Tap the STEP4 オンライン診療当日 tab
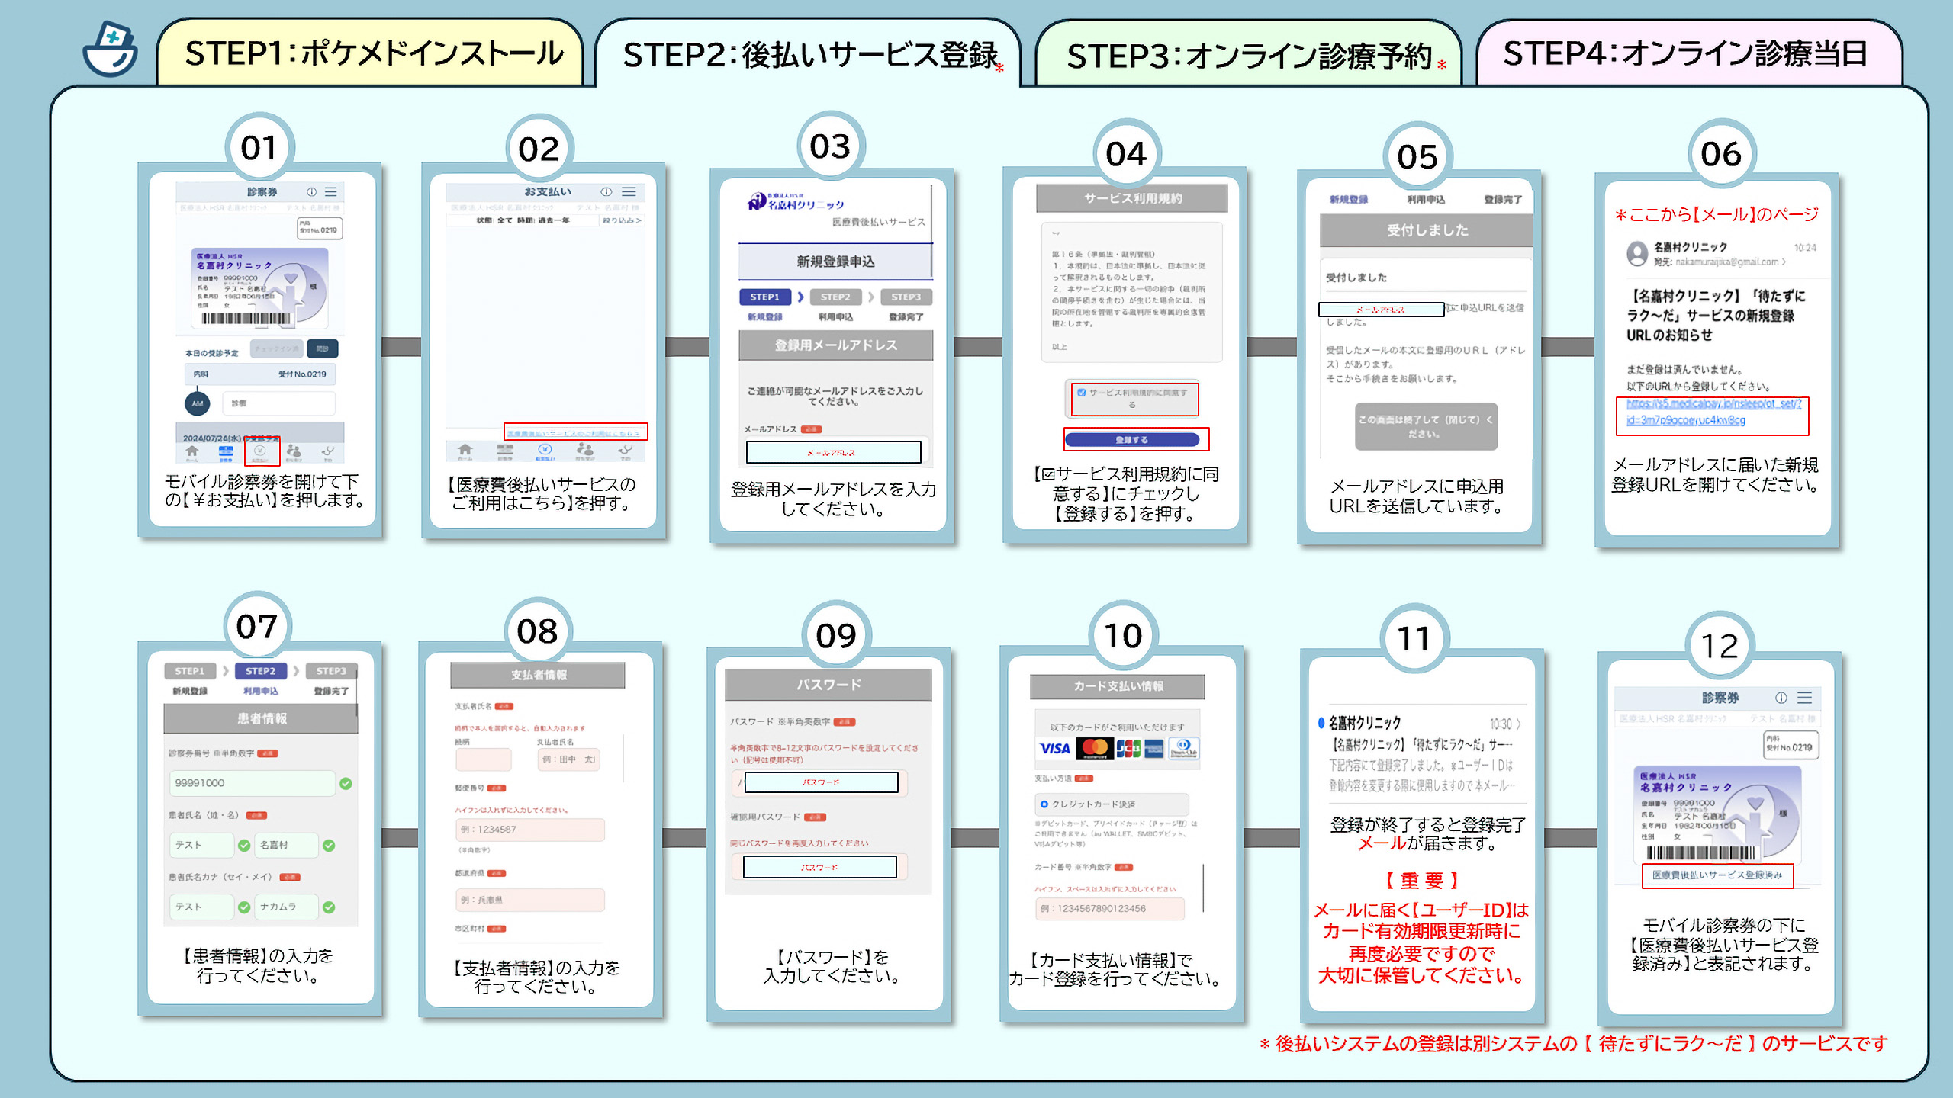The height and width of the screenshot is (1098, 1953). (1686, 54)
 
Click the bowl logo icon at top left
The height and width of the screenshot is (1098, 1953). (111, 50)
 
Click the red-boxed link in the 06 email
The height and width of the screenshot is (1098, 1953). (1712, 413)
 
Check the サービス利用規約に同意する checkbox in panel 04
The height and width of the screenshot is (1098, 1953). (1082, 393)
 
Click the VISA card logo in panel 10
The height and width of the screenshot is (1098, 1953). (1055, 749)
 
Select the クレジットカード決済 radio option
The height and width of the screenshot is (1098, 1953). (1044, 804)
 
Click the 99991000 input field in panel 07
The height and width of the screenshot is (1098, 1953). (252, 783)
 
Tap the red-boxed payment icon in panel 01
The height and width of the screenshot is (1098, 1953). (261, 452)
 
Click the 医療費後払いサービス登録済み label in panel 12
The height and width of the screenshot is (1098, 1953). (1717, 875)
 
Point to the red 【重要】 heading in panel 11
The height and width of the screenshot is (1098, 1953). (1421, 881)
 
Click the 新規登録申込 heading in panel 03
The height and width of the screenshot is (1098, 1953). (835, 262)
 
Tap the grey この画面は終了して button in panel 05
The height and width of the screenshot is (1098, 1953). (1425, 426)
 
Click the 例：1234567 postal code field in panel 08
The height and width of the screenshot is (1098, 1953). (529, 830)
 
